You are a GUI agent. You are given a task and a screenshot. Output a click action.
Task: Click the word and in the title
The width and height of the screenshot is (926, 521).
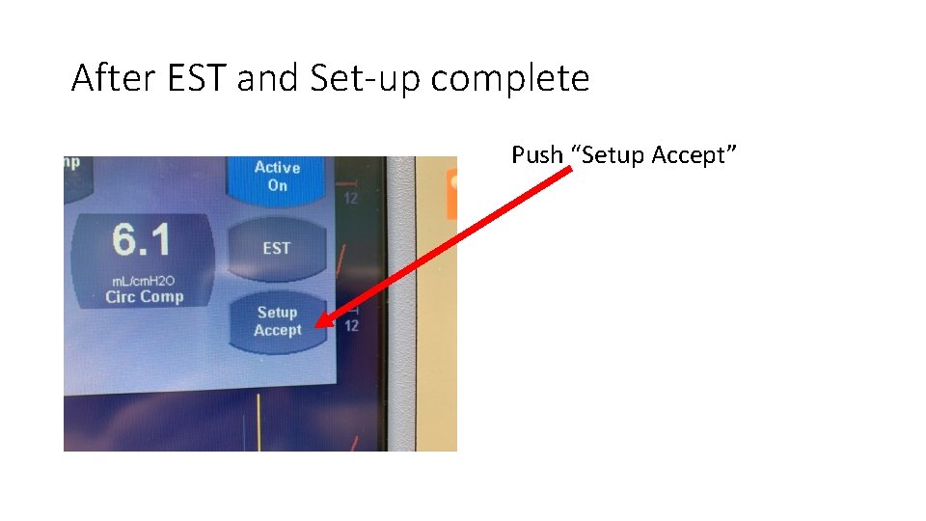(x=268, y=78)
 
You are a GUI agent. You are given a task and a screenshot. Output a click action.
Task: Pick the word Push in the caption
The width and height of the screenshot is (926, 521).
(x=536, y=154)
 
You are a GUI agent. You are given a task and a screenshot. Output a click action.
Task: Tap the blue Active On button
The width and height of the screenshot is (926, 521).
(x=277, y=176)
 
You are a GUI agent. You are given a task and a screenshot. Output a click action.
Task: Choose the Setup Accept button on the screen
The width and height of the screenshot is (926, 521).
(x=277, y=321)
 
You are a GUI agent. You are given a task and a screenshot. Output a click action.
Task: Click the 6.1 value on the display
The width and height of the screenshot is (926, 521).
(x=142, y=239)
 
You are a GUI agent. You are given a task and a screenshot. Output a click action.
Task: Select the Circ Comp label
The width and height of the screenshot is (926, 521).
(x=144, y=296)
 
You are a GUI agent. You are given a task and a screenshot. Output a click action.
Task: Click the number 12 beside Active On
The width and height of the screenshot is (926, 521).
(x=351, y=199)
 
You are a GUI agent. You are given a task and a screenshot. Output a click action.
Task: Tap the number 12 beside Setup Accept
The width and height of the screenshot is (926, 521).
(x=351, y=326)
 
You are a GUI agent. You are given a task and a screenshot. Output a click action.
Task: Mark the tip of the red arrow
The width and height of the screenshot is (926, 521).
(x=317, y=327)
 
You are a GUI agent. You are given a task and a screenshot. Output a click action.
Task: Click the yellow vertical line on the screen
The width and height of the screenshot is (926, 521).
(x=259, y=422)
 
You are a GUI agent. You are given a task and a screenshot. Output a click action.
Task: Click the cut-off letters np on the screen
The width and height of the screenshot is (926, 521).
(x=71, y=162)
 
